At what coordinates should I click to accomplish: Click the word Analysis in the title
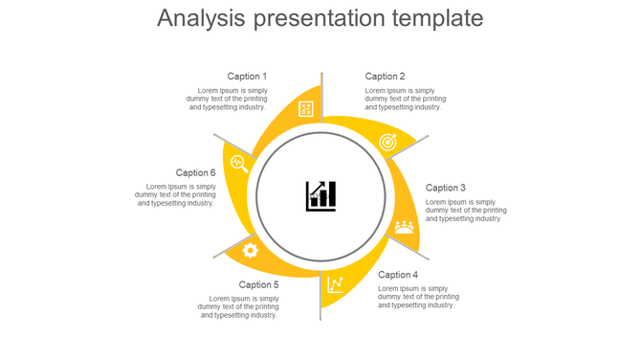tap(200, 19)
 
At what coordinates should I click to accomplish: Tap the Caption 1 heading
tap(247, 77)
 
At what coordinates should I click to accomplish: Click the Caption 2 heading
tap(385, 77)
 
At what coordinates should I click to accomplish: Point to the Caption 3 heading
tap(446, 188)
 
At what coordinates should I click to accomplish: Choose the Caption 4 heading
tap(398, 275)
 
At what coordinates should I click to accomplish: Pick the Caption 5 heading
tap(258, 284)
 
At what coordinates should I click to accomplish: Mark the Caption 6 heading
tap(195, 173)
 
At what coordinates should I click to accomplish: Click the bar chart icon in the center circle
tap(320, 196)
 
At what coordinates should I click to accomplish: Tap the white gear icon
tap(251, 251)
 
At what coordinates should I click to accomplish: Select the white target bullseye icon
tap(387, 143)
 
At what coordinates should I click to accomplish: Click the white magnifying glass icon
tap(239, 164)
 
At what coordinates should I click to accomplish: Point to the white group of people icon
tap(404, 227)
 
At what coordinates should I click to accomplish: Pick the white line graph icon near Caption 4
tap(336, 284)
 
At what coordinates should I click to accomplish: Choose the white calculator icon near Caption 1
tap(306, 109)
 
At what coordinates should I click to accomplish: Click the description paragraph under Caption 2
tap(405, 99)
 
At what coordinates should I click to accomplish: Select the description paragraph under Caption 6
tap(176, 194)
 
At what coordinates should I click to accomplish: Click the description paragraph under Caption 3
tap(466, 210)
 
